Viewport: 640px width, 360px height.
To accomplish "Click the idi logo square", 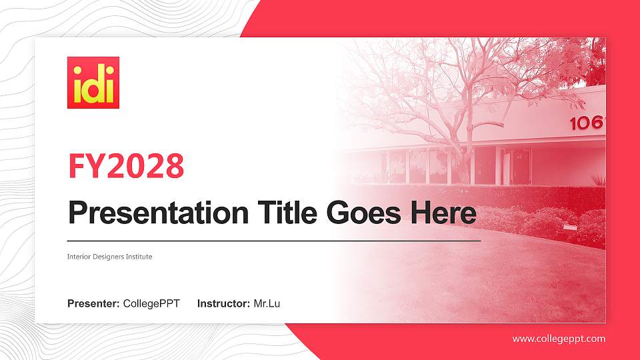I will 93,82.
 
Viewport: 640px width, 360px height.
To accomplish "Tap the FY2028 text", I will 126,167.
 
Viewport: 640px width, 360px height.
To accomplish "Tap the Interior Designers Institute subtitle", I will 110,257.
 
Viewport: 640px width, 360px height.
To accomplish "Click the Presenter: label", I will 93,304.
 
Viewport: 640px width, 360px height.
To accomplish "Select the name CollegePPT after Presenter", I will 151,304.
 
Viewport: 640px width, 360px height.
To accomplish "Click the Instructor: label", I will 223,304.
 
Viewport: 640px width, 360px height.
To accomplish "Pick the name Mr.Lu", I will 267,304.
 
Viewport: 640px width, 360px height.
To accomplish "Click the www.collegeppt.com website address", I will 559,339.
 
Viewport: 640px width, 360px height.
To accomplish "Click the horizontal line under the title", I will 273,240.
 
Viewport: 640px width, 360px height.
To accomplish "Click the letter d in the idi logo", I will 93,87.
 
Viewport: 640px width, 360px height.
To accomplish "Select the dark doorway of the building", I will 519,167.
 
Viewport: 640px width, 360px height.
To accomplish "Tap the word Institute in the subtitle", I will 139,257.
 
